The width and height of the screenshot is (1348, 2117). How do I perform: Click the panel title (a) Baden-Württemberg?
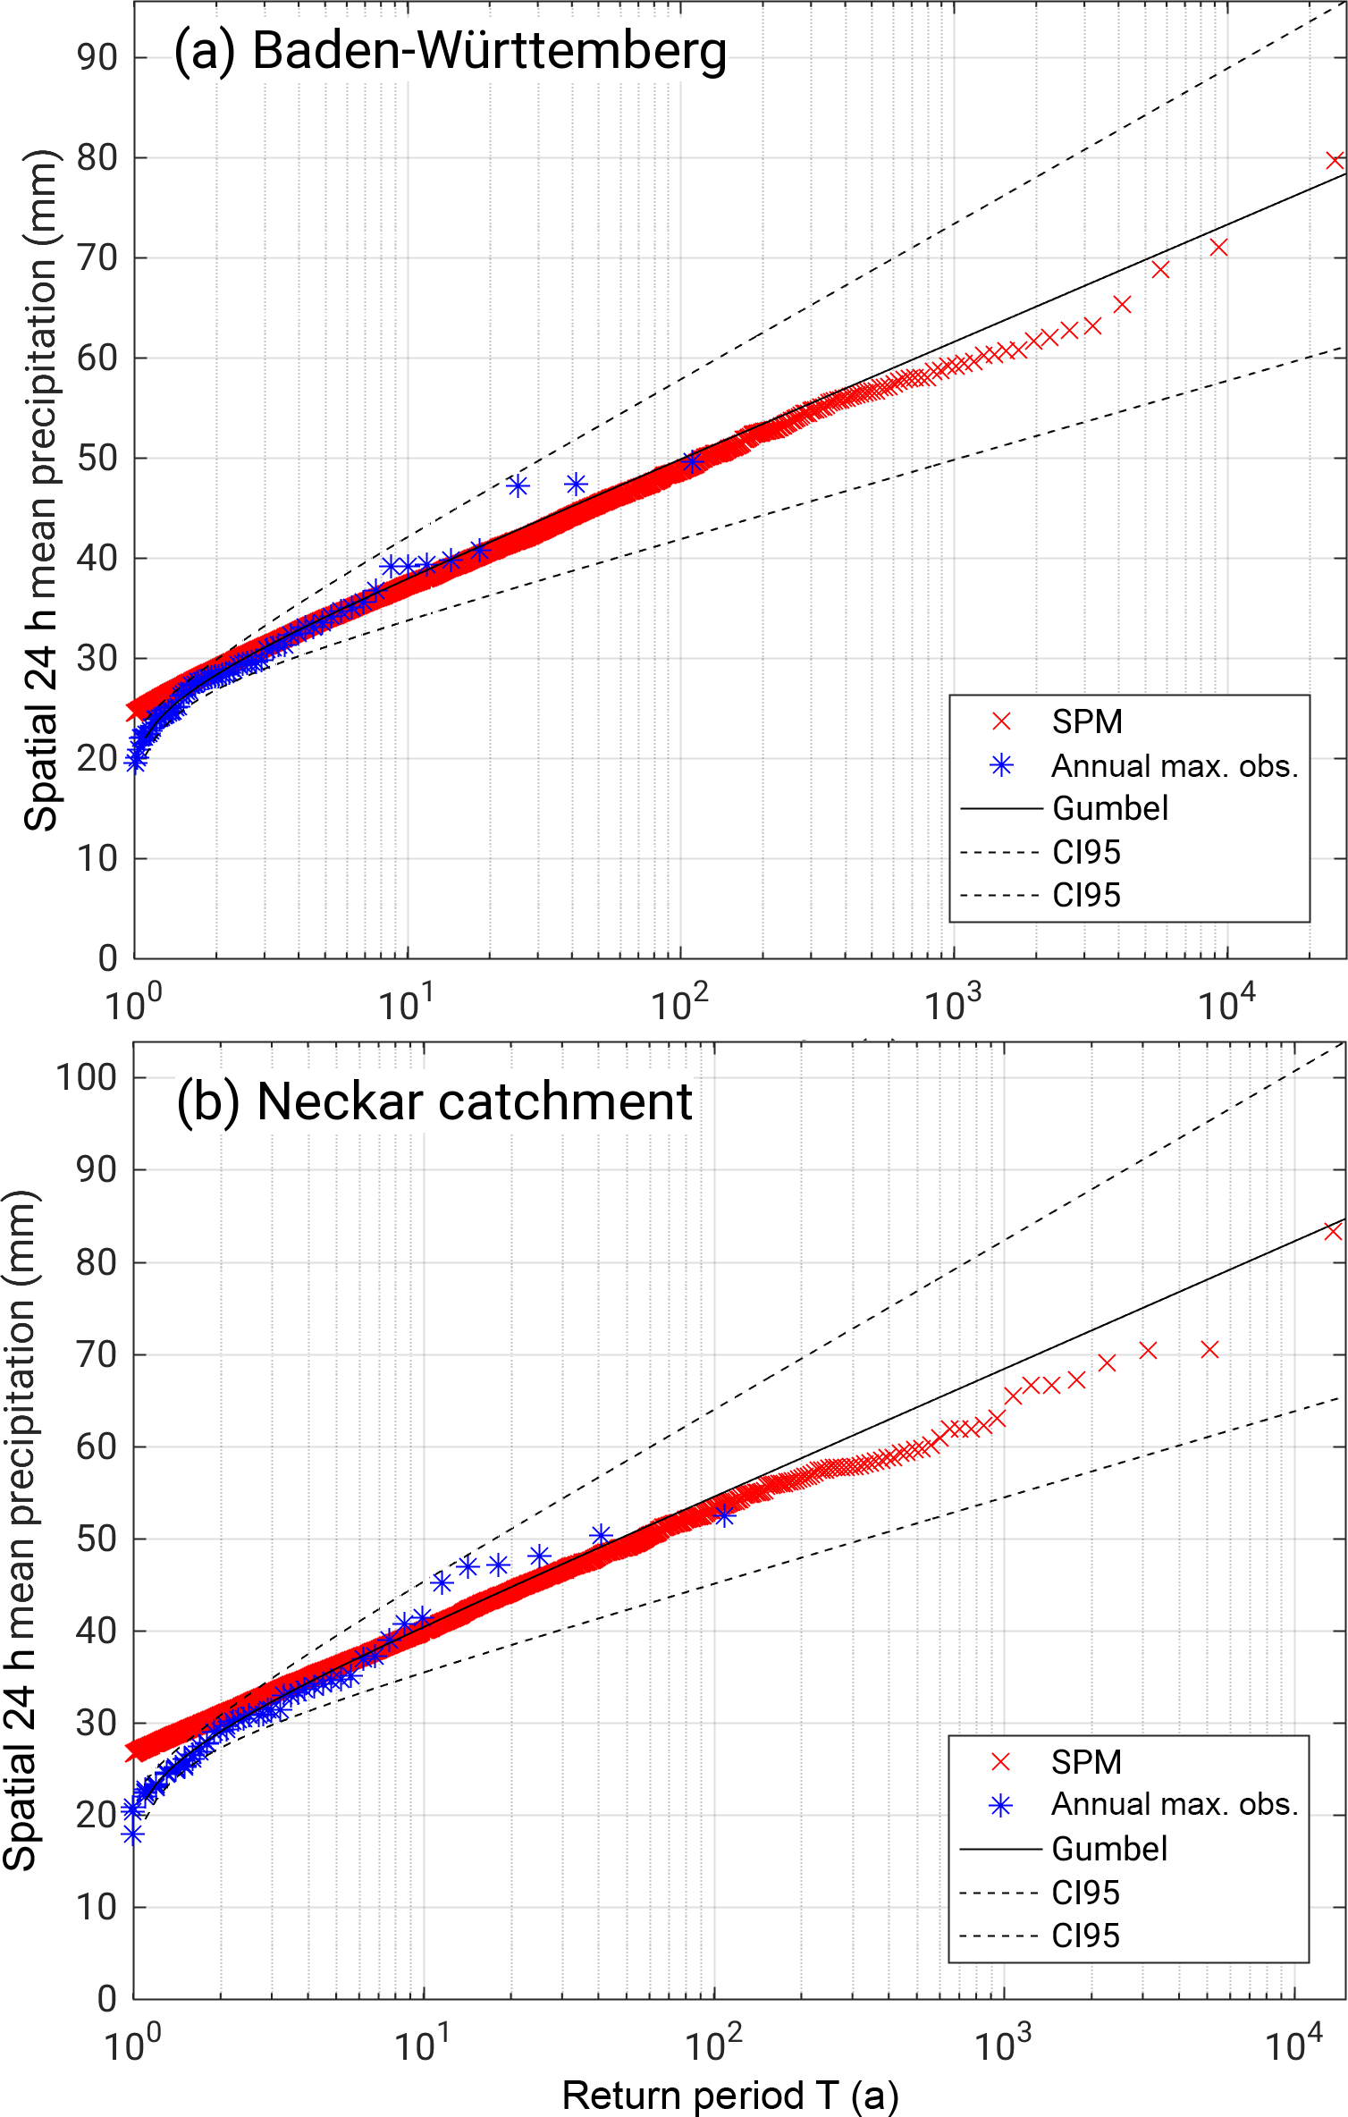[x=450, y=51]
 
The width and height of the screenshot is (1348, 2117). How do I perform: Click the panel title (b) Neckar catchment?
[x=434, y=1101]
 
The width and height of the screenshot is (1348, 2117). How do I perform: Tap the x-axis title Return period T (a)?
[x=730, y=2094]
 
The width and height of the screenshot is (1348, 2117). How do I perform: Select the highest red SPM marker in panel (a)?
[x=1335, y=161]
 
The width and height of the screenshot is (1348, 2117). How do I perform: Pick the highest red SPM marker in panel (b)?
[x=1333, y=1232]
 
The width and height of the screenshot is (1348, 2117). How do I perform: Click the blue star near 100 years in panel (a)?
[x=692, y=462]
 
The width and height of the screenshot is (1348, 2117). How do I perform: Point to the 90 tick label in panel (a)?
[x=97, y=58]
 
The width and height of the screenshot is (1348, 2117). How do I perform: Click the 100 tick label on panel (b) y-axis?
[x=87, y=1077]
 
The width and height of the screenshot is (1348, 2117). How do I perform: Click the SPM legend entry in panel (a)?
[x=1086, y=721]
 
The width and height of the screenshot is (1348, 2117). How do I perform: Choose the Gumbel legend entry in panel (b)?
[x=1108, y=1848]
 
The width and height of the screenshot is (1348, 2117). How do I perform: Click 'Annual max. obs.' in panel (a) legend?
[x=1174, y=766]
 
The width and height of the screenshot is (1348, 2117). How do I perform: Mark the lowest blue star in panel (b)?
[x=133, y=1835]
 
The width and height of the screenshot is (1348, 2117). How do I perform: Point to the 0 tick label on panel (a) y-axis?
[x=108, y=958]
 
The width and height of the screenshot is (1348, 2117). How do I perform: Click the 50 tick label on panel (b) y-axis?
[x=97, y=1539]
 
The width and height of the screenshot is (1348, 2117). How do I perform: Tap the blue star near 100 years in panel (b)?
[x=724, y=1514]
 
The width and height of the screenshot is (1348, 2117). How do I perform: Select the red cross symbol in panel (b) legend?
[x=1000, y=1761]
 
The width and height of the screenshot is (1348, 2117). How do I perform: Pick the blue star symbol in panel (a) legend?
[x=1001, y=765]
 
